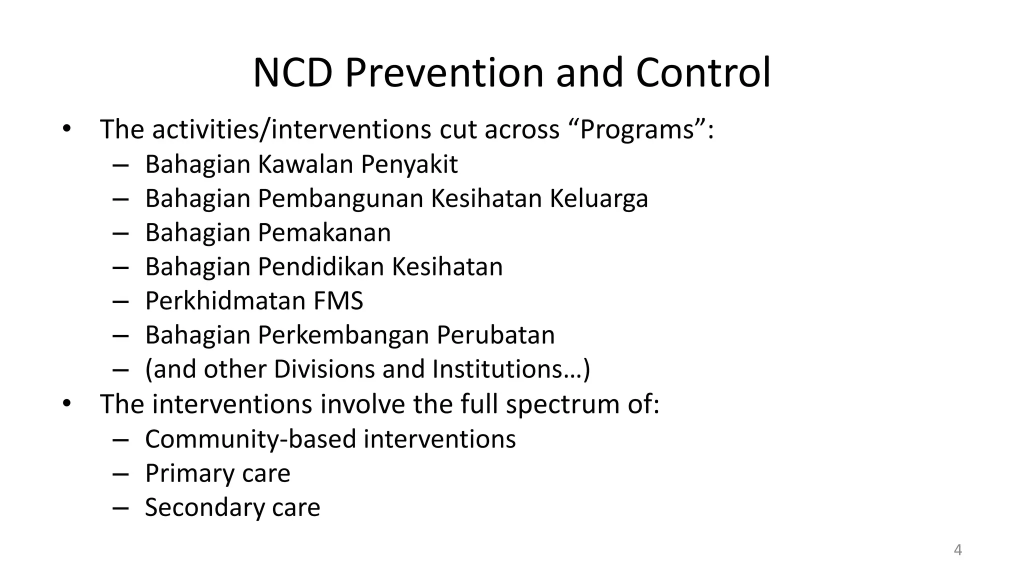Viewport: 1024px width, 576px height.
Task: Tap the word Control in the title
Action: click(703, 73)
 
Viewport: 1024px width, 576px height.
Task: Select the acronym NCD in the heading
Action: click(293, 73)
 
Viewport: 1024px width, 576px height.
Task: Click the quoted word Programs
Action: click(637, 129)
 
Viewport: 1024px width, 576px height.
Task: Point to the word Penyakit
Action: click(409, 164)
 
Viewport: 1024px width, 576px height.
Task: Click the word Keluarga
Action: click(599, 198)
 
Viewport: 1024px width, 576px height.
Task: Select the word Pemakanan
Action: click(324, 233)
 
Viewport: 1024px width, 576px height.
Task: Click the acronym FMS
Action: click(338, 301)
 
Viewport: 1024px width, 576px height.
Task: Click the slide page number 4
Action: click(957, 550)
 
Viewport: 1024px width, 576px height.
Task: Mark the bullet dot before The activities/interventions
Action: click(67, 129)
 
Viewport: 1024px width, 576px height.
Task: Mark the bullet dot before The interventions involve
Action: click(67, 403)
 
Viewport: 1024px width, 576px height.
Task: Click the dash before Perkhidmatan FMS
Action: click(120, 301)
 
